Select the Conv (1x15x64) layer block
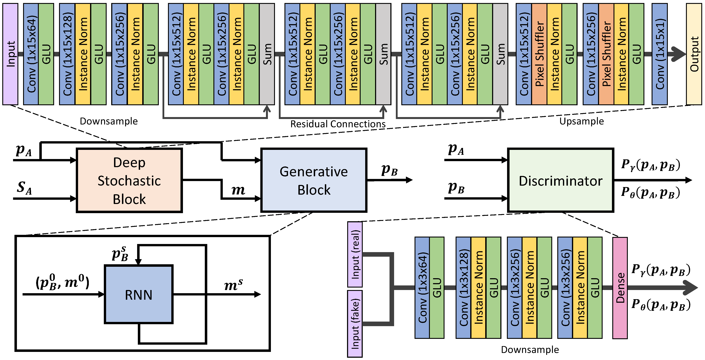pos(31,54)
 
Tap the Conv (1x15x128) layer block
pos(67,54)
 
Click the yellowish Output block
pos(694,54)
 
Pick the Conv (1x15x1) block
pos(659,54)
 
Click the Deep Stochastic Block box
pos(129,180)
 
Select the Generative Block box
pos(314,180)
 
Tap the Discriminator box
pos(560,180)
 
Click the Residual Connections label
pos(338,124)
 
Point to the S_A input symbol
pos(24,188)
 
